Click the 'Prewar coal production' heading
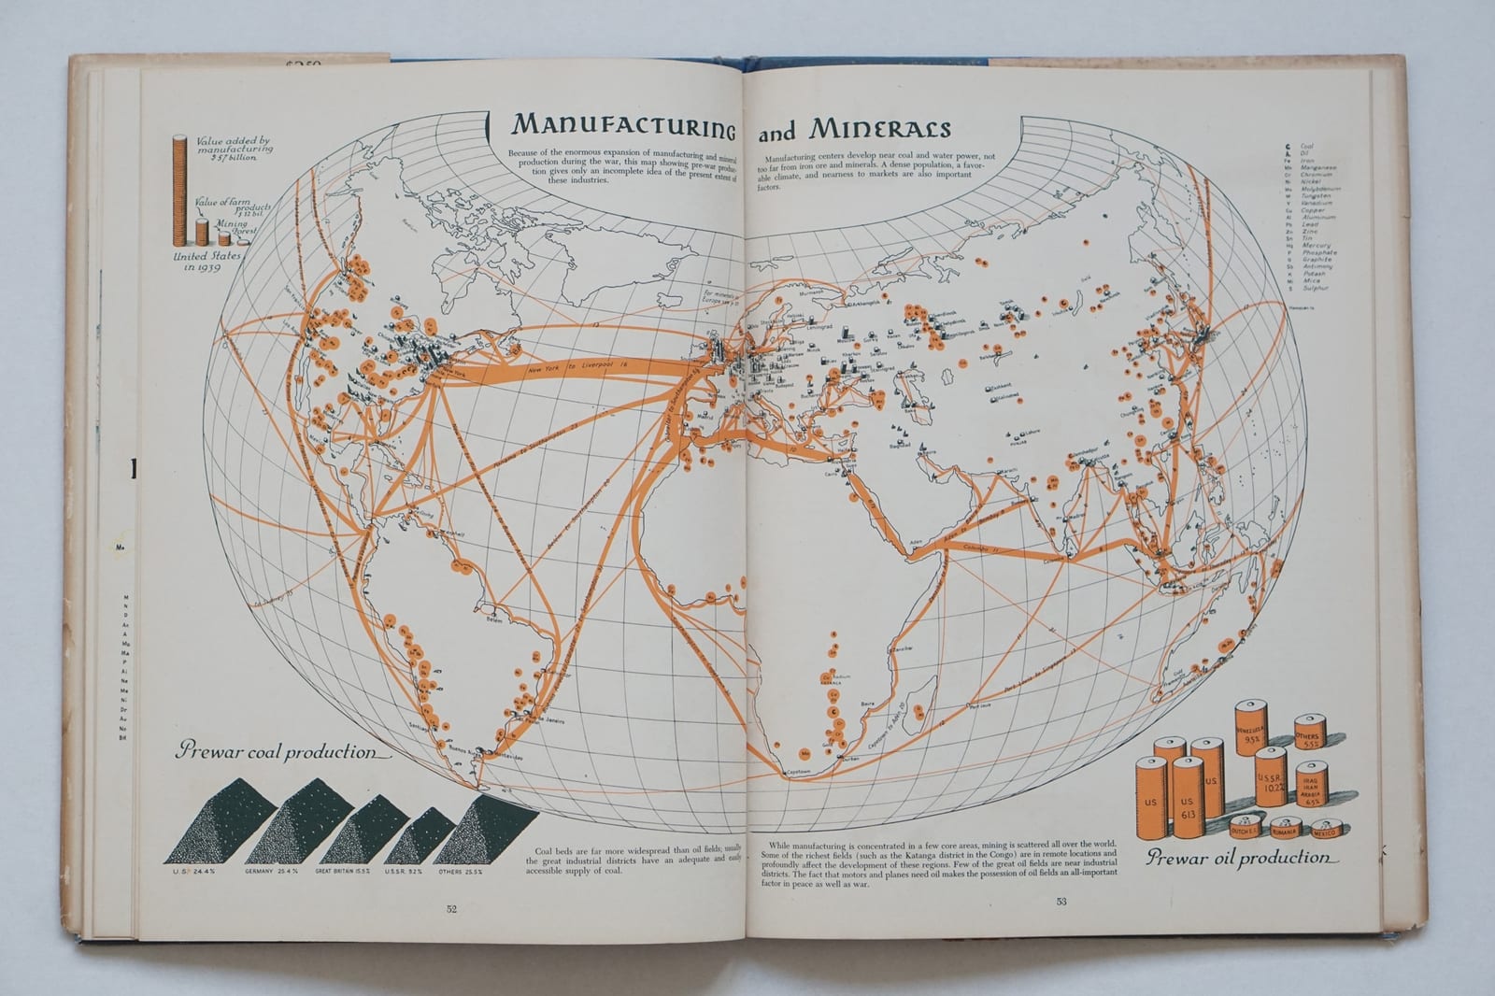coord(276,752)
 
